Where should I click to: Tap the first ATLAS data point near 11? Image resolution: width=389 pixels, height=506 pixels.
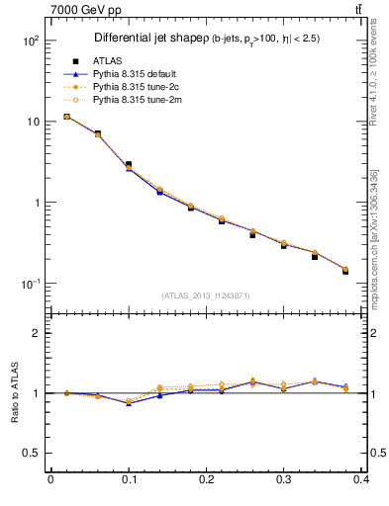pos(66,117)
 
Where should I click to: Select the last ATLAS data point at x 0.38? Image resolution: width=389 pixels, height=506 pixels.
pos(345,271)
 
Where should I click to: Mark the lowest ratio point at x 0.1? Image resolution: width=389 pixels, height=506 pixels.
pos(129,403)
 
